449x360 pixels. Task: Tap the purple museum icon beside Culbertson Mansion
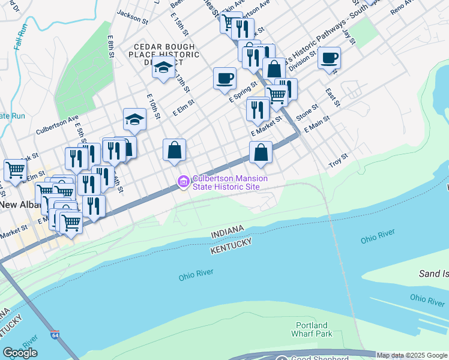(x=183, y=181)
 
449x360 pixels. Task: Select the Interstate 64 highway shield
(x=55, y=334)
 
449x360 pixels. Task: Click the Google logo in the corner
(x=20, y=353)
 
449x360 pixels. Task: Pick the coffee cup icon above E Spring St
(x=224, y=79)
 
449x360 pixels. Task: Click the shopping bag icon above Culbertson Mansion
(x=174, y=150)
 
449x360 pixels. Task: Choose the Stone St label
(x=307, y=112)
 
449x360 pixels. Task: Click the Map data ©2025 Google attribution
(x=412, y=355)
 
